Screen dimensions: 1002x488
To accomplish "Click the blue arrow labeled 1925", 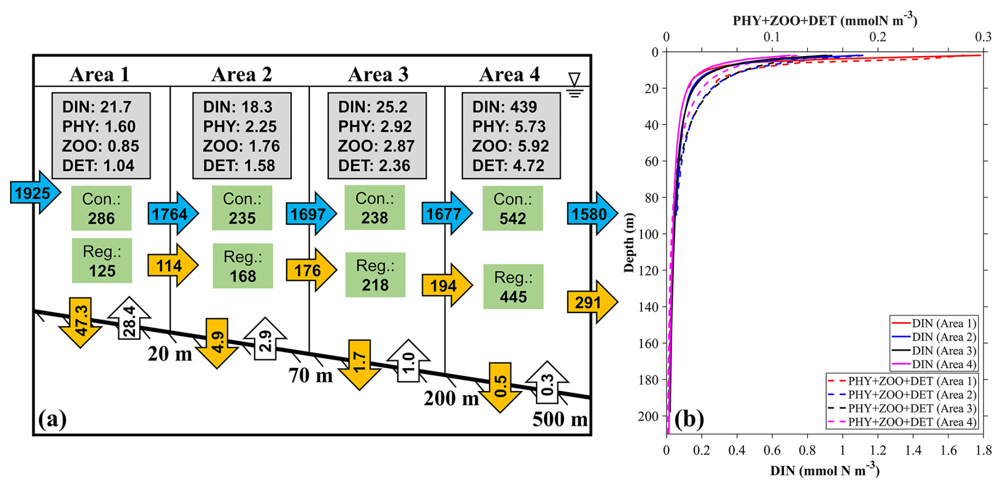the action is pyautogui.click(x=35, y=193).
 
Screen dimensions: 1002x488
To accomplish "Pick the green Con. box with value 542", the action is pyautogui.click(x=513, y=208).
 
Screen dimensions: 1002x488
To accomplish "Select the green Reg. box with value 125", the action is pyautogui.click(x=102, y=261).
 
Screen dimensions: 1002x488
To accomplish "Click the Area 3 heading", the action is pyautogui.click(x=378, y=75).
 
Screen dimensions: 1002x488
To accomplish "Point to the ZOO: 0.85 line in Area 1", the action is pyautogui.click(x=101, y=146).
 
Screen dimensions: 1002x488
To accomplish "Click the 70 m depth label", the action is pyautogui.click(x=310, y=375).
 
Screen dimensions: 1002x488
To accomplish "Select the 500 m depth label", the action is pyautogui.click(x=560, y=419).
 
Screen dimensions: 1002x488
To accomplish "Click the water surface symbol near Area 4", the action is pyautogui.click(x=574, y=85).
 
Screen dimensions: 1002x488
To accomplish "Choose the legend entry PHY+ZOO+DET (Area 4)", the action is pyautogui.click(x=902, y=422).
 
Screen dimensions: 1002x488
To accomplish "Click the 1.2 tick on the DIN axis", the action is pyautogui.click(x=878, y=450).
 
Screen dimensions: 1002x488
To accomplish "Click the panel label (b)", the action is pyautogui.click(x=688, y=419).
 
